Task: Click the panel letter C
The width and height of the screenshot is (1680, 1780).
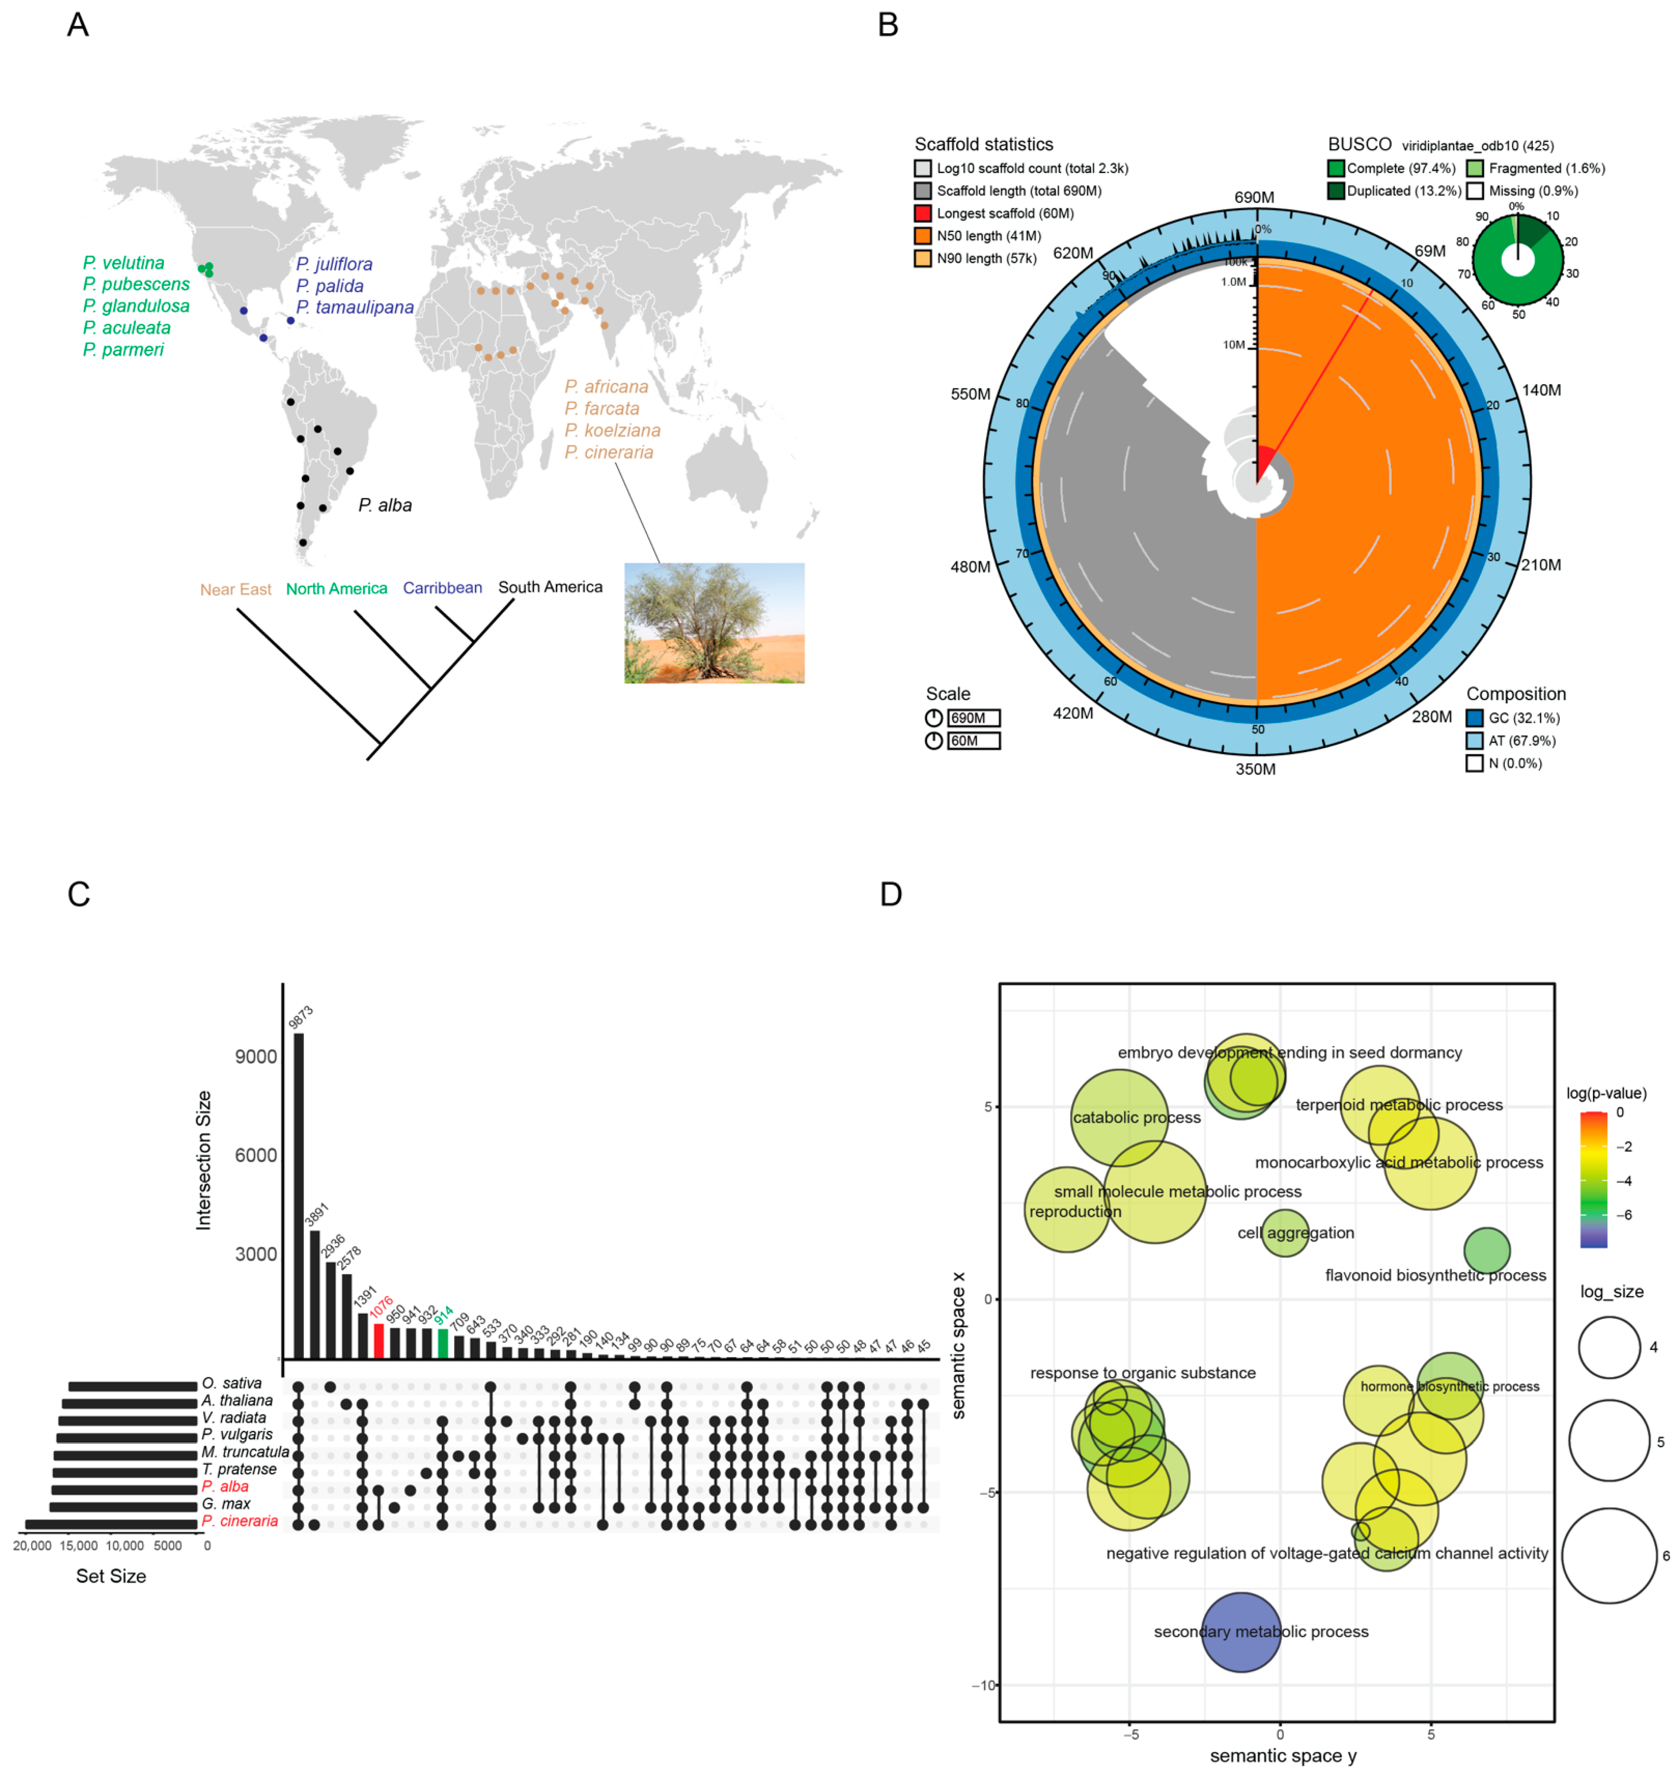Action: pyautogui.click(x=79, y=894)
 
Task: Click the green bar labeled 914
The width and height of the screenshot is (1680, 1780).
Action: pyautogui.click(x=443, y=1343)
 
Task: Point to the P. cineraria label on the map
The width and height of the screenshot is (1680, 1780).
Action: pyautogui.click(x=609, y=453)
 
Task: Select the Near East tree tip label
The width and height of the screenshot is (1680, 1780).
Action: pyautogui.click(x=236, y=589)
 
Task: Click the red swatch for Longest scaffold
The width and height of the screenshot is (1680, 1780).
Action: pyautogui.click(x=922, y=213)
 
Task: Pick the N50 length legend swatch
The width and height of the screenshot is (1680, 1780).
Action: pyautogui.click(x=922, y=236)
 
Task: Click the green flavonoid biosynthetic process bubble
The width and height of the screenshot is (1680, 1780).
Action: pyautogui.click(x=1486, y=1251)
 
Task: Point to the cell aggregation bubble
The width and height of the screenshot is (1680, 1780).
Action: pyautogui.click(x=1285, y=1233)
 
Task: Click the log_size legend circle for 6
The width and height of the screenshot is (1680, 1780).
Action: pyautogui.click(x=1609, y=1555)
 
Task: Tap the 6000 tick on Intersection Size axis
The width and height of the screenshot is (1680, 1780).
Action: pyautogui.click(x=256, y=1156)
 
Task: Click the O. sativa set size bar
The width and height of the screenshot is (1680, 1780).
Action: pyautogui.click(x=133, y=1387)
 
